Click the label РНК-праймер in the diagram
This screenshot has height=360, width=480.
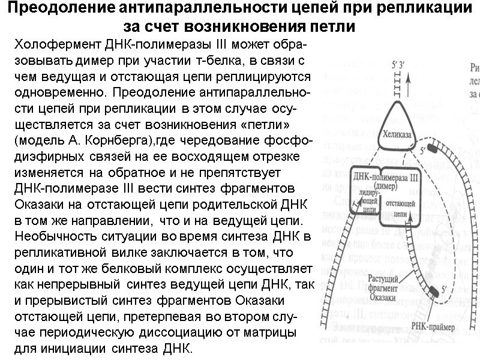pyautogui.click(x=428, y=326)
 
